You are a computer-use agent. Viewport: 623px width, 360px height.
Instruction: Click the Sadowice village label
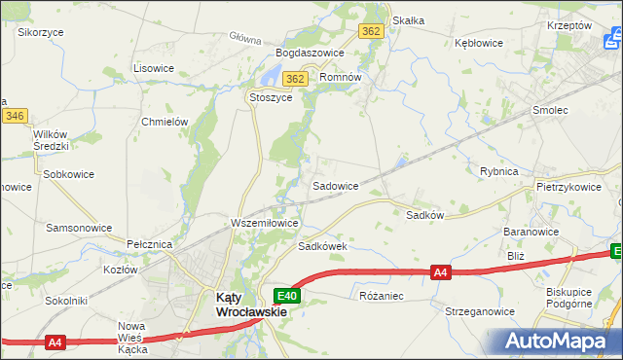click(x=335, y=185)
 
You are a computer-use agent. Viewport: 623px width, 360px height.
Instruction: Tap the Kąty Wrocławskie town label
click(x=250, y=306)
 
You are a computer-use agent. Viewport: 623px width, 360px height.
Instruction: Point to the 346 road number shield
click(x=14, y=116)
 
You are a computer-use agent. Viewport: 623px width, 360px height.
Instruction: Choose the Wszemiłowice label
click(x=264, y=223)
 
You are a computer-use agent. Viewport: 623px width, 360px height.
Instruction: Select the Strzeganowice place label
click(x=479, y=311)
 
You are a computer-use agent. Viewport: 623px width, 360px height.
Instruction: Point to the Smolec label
click(x=550, y=111)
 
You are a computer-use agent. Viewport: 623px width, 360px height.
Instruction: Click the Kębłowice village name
click(x=479, y=43)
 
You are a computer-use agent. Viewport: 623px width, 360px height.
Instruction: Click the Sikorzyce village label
click(x=41, y=32)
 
